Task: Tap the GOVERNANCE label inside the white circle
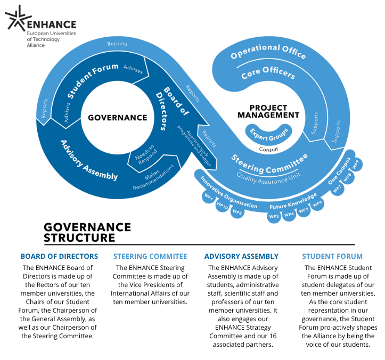pyautogui.click(x=118, y=118)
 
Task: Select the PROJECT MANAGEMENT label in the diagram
pyautogui.click(x=267, y=111)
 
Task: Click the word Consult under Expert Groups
pyautogui.click(x=268, y=149)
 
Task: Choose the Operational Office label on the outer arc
pyautogui.click(x=268, y=53)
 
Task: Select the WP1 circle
pyautogui.click(x=208, y=198)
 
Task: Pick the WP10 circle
pyautogui.click(x=222, y=207)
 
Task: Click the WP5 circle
pyautogui.click(x=304, y=210)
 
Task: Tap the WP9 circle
pyautogui.click(x=356, y=163)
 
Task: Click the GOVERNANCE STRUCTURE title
pyautogui.click(x=87, y=232)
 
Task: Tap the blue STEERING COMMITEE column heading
pyautogui.click(x=151, y=256)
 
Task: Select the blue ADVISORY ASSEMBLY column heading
pyautogui.click(x=241, y=256)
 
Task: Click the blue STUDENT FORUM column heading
pyautogui.click(x=332, y=256)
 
